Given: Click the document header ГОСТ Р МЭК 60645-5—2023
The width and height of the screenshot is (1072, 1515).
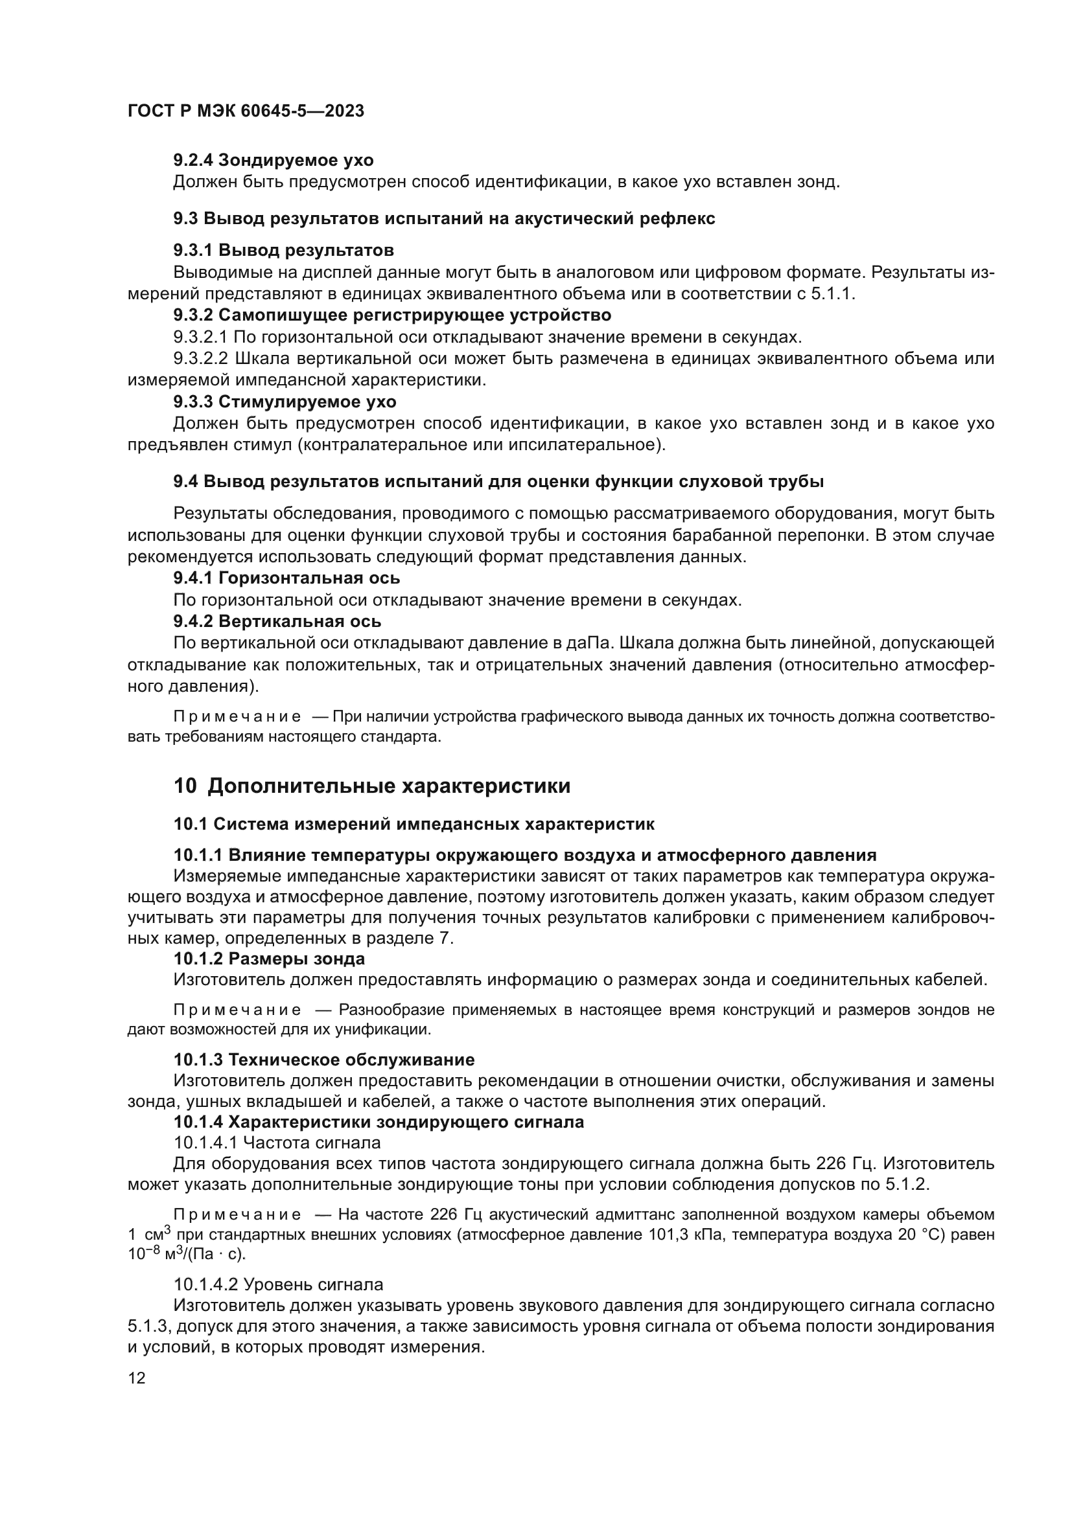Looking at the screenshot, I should [x=246, y=111].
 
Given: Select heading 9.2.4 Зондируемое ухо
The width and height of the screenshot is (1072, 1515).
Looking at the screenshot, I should [x=274, y=161].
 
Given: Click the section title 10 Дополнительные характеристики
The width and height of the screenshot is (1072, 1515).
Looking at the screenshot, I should [x=371, y=786].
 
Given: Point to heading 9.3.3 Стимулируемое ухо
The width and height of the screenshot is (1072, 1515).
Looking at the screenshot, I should [x=285, y=401].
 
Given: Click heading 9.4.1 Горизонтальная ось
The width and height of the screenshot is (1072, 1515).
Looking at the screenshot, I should [x=286, y=578].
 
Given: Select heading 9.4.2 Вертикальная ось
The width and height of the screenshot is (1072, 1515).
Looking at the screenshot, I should [x=277, y=621].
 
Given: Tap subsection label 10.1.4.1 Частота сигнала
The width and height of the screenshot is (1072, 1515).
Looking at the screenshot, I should [x=277, y=1142].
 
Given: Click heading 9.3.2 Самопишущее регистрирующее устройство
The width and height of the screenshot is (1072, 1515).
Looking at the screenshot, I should [x=392, y=315].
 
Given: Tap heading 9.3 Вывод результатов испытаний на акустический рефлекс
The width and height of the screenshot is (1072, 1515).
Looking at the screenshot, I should [x=443, y=218].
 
